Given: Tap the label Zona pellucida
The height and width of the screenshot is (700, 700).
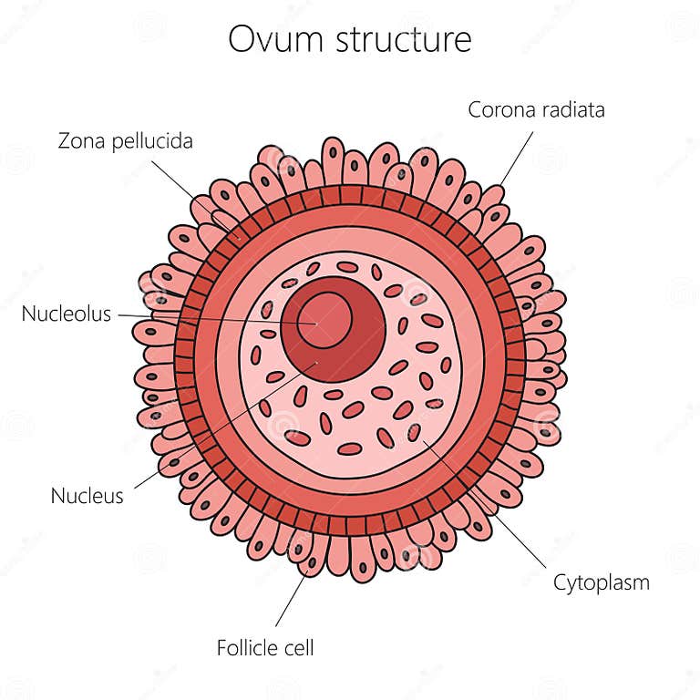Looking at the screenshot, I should [126, 141].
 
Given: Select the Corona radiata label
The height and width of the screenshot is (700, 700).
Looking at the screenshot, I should [536, 109].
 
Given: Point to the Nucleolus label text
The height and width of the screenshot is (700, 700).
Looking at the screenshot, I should [67, 314].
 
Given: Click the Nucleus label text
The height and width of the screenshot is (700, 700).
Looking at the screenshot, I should [87, 496].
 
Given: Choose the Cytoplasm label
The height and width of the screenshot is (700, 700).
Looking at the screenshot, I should [602, 582].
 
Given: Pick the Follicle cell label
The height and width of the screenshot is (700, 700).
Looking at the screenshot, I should [265, 648].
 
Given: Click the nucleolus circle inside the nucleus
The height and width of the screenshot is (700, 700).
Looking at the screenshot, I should [324, 321].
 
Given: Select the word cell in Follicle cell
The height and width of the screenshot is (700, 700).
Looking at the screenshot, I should [298, 648].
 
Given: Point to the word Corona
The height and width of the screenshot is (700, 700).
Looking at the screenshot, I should [497, 109].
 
